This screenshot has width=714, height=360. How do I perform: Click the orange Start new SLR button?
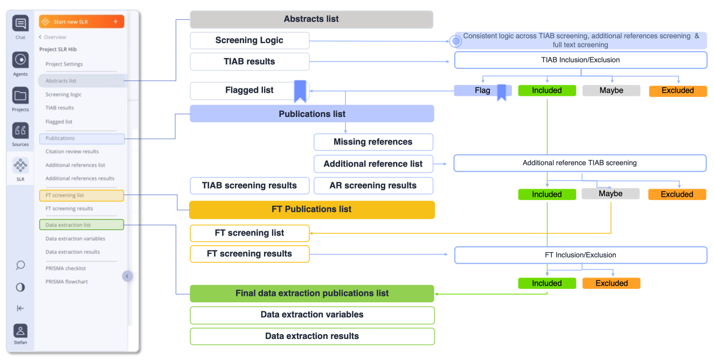pyautogui.click(x=81, y=22)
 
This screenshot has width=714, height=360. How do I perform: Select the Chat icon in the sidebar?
pyautogui.click(x=20, y=24)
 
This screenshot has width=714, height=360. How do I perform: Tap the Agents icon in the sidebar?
pyautogui.click(x=20, y=60)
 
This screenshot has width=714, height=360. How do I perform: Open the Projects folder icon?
pyautogui.click(x=20, y=96)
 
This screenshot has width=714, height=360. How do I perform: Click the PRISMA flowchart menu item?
pyautogui.click(x=66, y=281)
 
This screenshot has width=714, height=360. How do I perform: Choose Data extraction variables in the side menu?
pyautogui.click(x=75, y=238)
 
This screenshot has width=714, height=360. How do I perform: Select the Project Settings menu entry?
pyautogui.click(x=64, y=64)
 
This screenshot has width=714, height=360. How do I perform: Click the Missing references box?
pyautogui.click(x=373, y=142)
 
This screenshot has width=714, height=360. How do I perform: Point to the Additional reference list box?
pyautogui.click(x=373, y=164)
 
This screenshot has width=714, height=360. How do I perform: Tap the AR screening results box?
pyautogui.click(x=373, y=185)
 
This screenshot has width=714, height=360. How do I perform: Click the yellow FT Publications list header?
pyautogui.click(x=311, y=210)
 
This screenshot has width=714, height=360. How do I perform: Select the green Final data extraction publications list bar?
pyautogui.click(x=311, y=293)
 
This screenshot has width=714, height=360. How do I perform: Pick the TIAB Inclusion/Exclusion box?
pyautogui.click(x=580, y=60)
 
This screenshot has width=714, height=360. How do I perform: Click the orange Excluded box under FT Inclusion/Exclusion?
pyautogui.click(x=611, y=283)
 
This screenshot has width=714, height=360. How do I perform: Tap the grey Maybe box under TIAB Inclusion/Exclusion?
pyautogui.click(x=611, y=91)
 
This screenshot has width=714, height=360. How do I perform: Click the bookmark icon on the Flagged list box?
pyautogui.click(x=300, y=91)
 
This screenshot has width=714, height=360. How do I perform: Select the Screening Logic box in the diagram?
pyautogui.click(x=249, y=40)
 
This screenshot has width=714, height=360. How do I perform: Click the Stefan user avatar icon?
pyautogui.click(x=20, y=331)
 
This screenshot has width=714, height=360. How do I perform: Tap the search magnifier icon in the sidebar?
pyautogui.click(x=20, y=265)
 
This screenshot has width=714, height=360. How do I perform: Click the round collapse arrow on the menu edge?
pyautogui.click(x=127, y=276)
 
